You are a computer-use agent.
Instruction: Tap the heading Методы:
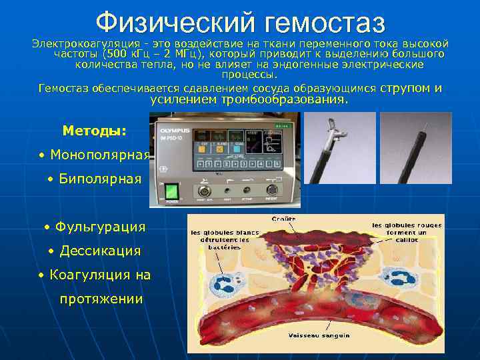coord(93,131)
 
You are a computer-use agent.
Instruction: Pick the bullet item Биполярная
coord(99,179)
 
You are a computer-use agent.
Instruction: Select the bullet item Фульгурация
coord(99,227)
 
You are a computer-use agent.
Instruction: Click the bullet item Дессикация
coord(99,251)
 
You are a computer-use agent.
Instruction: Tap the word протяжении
coord(101,299)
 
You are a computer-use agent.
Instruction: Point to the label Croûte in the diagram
coord(284,219)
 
